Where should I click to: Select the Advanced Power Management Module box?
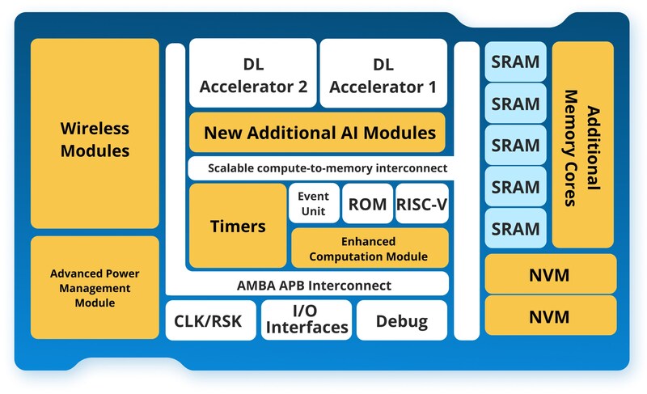coord(95,287)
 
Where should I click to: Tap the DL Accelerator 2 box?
coord(252,74)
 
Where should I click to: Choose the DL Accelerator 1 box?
coord(383,74)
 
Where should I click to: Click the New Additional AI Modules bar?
coord(318,132)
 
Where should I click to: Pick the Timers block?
coord(238,226)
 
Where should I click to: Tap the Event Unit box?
coord(313,202)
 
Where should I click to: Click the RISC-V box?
coord(421,204)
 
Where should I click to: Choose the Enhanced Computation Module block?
coord(369,249)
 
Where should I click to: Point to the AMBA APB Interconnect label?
coord(314,285)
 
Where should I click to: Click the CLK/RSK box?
coord(211,321)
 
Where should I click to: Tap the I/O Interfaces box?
coord(307,320)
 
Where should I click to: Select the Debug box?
coord(402,321)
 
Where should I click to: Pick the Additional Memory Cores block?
coord(582,146)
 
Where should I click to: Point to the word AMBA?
coord(258,285)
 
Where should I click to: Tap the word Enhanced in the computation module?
coord(369,241)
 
